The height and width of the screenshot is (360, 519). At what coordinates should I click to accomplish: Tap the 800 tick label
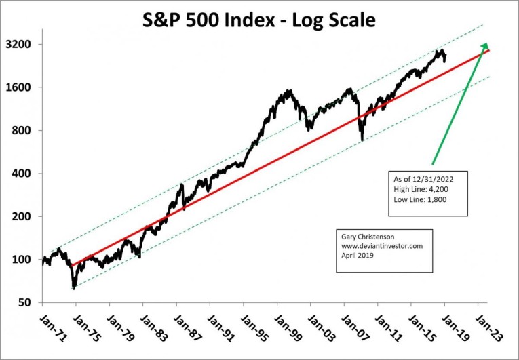point(28,130)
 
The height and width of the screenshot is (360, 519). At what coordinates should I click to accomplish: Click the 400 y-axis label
point(28,174)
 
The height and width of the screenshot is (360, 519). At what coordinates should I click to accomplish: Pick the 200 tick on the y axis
point(28,216)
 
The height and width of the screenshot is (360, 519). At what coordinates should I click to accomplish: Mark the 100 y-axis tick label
point(28,260)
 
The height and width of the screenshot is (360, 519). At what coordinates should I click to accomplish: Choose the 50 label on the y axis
point(31,302)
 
